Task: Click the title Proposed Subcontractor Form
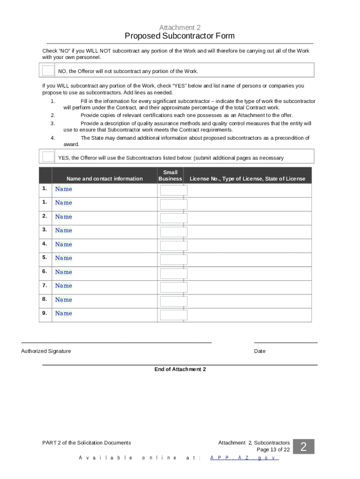[x=180, y=36]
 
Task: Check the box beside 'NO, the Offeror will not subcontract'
[x=48, y=71]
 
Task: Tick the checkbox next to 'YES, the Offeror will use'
[x=48, y=157]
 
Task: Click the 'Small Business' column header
[x=170, y=175]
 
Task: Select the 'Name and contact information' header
[x=104, y=179]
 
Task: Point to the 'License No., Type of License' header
[x=247, y=179]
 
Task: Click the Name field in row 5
[x=64, y=258]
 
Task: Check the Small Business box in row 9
[x=173, y=314]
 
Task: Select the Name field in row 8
[x=64, y=300]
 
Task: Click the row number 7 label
[x=44, y=285]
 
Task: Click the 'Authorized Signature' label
[x=46, y=351]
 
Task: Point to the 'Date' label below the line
[x=259, y=351]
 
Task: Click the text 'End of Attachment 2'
[x=180, y=370]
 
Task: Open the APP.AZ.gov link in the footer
[x=244, y=458]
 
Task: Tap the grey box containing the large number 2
[x=303, y=447]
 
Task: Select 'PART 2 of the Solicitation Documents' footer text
[x=86, y=443]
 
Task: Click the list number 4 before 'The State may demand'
[x=53, y=138]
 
